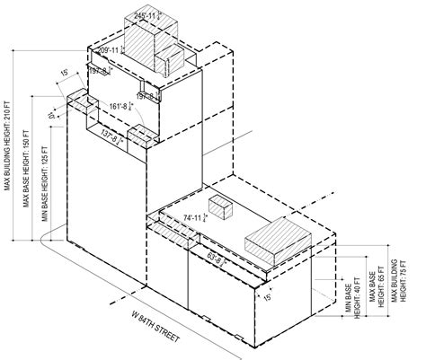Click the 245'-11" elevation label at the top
pyautogui.click(x=146, y=17)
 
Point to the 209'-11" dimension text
pyautogui.click(x=110, y=51)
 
